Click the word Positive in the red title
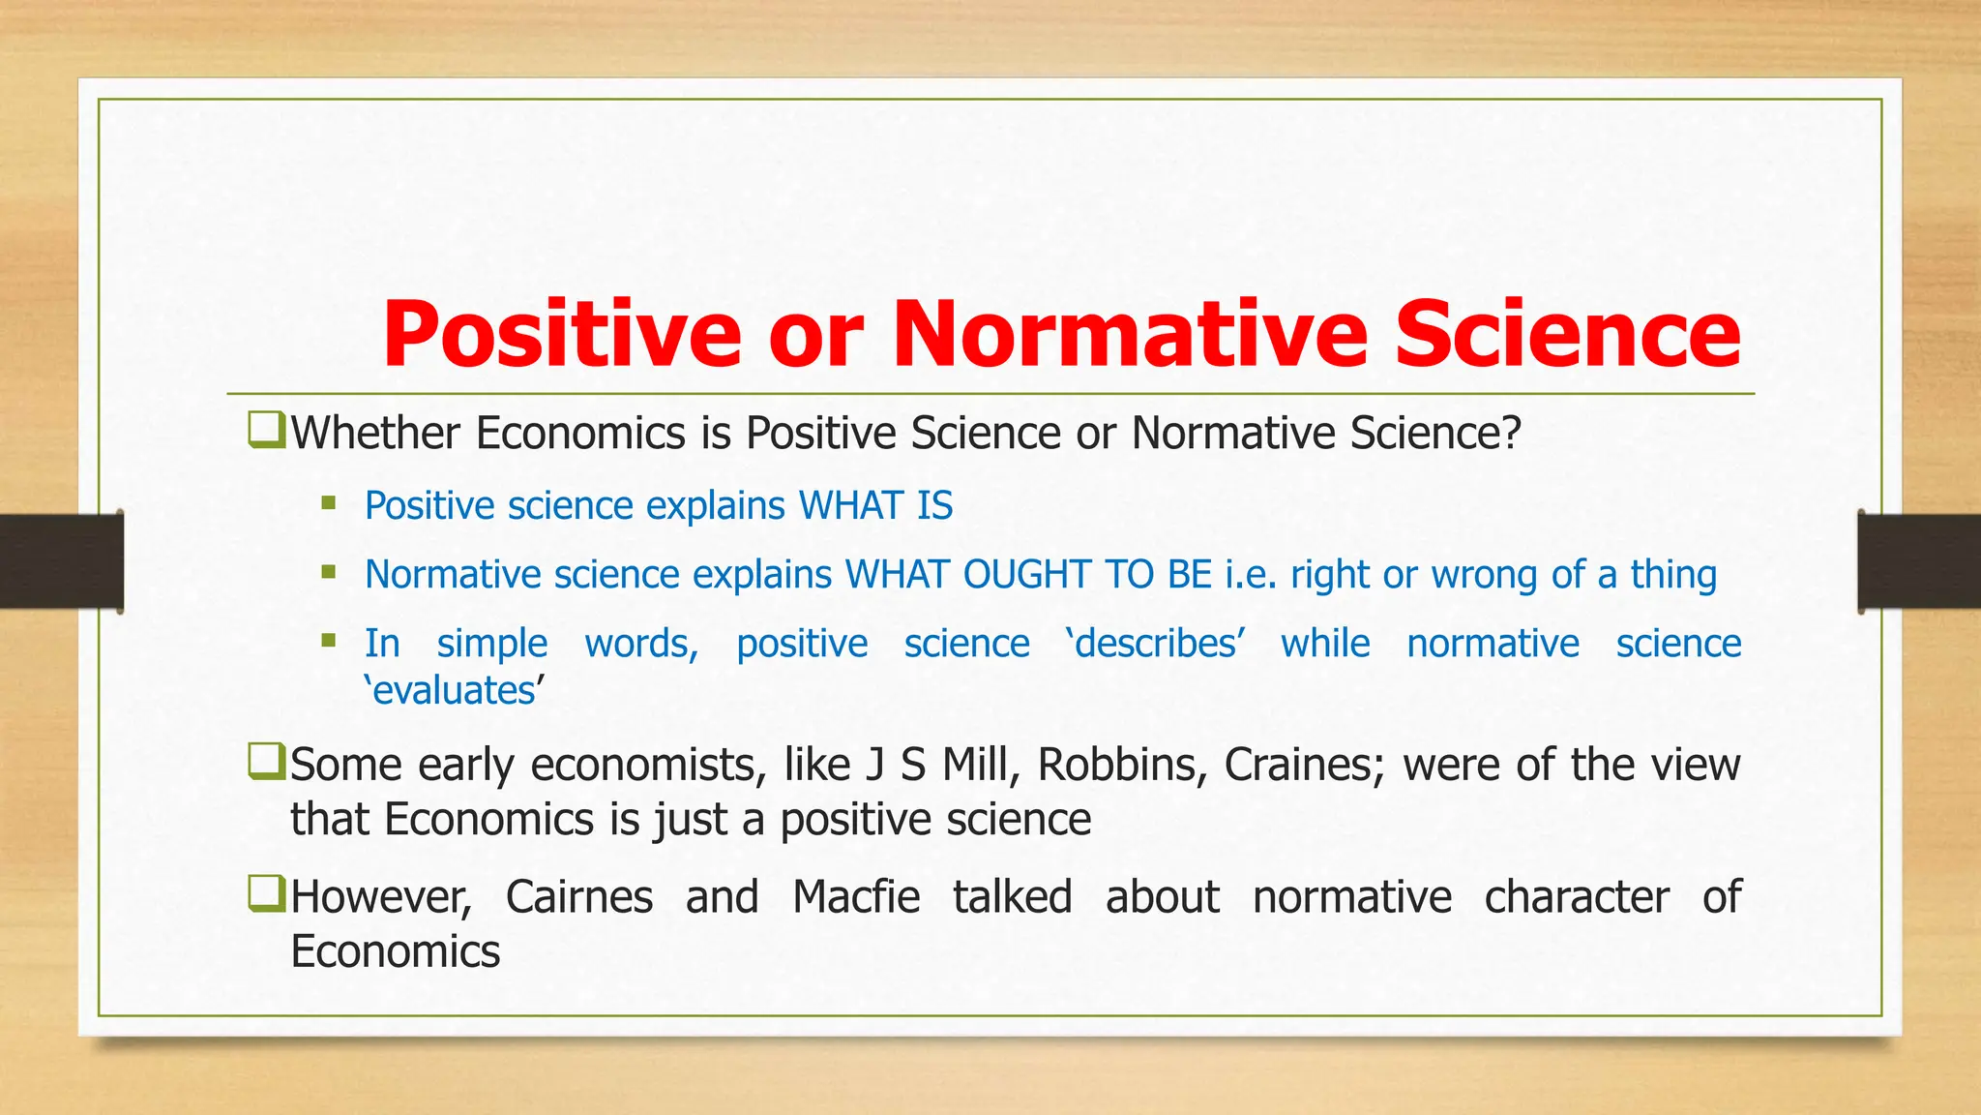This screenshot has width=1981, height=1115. pos(562,335)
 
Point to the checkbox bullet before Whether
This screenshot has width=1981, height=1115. pos(266,430)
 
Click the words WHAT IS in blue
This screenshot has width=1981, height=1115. pos(875,506)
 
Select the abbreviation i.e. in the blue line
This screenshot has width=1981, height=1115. pos(1251,575)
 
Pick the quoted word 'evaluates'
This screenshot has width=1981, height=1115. pos(455,691)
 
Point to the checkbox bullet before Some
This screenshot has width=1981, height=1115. pos(266,762)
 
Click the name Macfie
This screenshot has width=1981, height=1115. pos(856,897)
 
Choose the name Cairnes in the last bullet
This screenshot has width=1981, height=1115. pos(578,897)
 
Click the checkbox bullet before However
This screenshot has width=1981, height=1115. pos(266,894)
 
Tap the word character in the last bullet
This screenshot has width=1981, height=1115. pos(1577,897)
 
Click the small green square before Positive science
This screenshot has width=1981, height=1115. pos(329,503)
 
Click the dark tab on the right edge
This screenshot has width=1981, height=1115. pos(1919,561)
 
